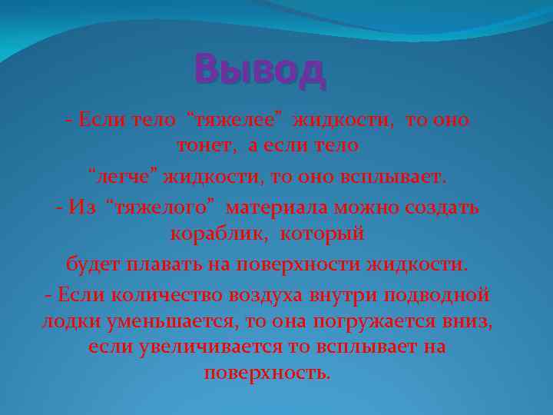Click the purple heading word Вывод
[x=260, y=71]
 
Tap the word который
[x=323, y=232]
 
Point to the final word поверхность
[x=268, y=373]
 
